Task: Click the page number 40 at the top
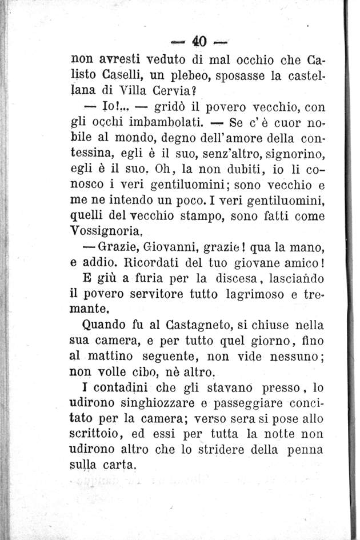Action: tap(198, 42)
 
